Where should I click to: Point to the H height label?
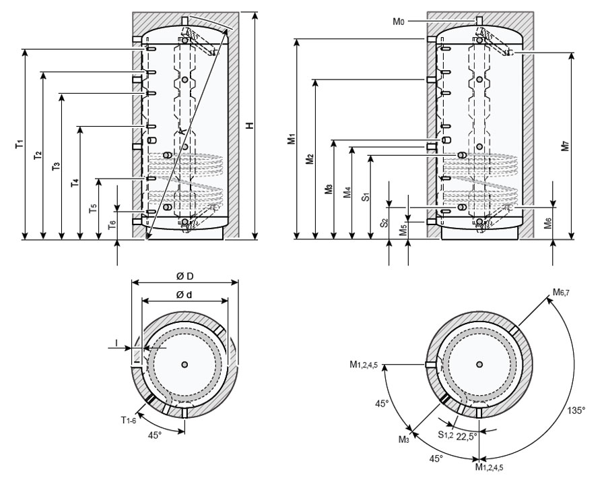(248, 125)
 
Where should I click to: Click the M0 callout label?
(398, 22)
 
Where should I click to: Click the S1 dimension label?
(365, 197)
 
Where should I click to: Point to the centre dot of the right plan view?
(479, 364)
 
